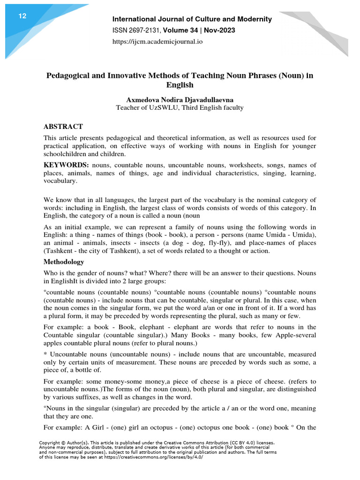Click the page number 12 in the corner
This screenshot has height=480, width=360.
click(22, 16)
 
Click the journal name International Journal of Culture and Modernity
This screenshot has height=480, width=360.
click(192, 19)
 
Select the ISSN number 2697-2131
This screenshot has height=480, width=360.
click(146, 30)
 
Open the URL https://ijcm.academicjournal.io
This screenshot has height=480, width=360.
click(157, 42)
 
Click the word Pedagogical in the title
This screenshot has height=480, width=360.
click(68, 76)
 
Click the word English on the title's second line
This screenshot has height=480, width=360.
click(180, 85)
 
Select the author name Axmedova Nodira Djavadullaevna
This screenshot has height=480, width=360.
click(180, 99)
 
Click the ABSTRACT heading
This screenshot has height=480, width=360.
click(63, 127)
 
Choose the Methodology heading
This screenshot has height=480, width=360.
click(64, 262)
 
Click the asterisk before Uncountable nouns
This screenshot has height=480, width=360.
click(45, 354)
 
